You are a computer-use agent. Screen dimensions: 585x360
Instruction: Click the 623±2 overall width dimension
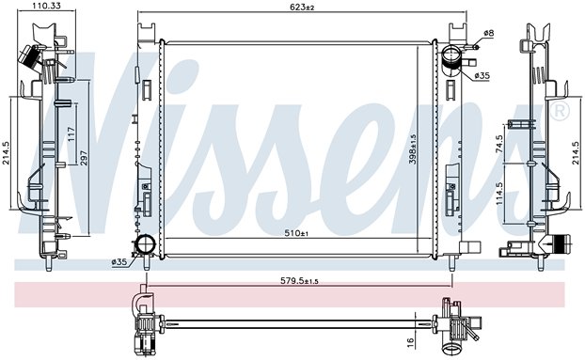tap(303, 7)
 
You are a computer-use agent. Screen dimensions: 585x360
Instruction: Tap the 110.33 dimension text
tap(47, 6)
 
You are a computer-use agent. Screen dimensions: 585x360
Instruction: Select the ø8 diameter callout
tap(488, 33)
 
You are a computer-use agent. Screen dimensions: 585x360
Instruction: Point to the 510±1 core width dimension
tap(296, 233)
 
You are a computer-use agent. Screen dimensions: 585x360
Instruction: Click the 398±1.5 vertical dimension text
tap(413, 149)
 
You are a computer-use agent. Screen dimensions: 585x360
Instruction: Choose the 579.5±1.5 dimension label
tap(299, 281)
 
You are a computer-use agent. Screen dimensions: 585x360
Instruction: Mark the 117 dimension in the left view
tap(71, 134)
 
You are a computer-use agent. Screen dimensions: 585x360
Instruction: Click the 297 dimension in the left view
tap(83, 158)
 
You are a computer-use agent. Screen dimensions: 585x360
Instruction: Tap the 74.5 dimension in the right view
tap(500, 144)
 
